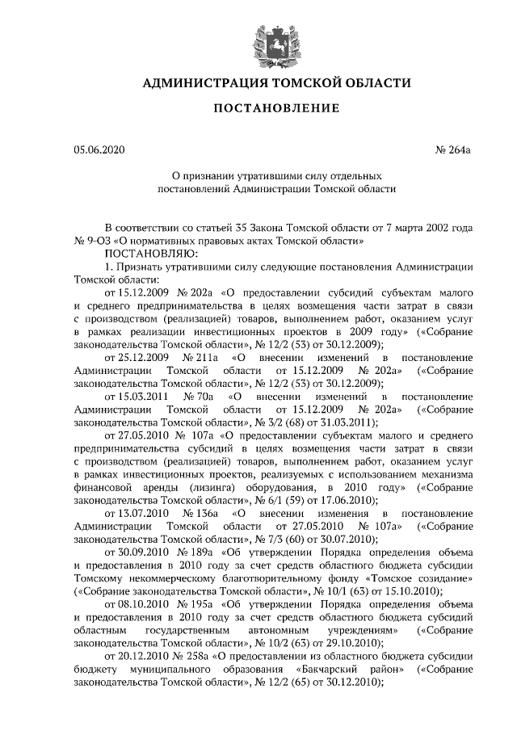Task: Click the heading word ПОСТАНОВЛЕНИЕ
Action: (x=258, y=108)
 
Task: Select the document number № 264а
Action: (x=453, y=149)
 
